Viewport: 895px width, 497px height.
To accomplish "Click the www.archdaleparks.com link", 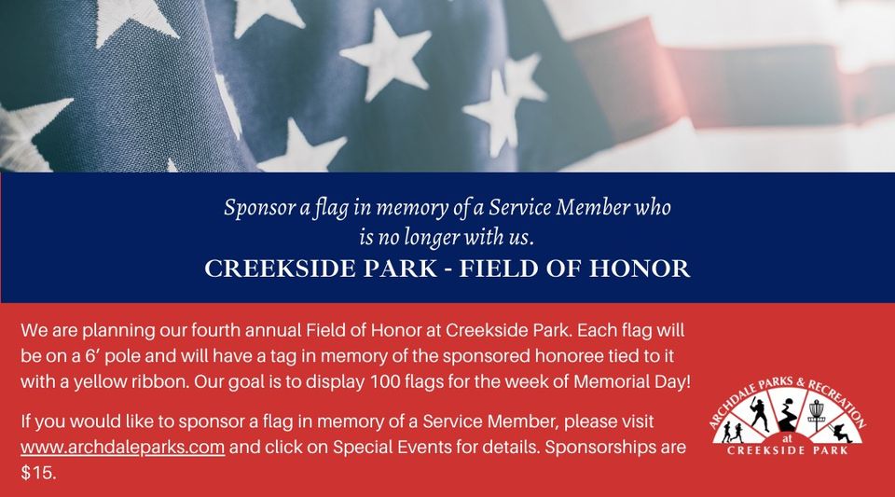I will point(122,448).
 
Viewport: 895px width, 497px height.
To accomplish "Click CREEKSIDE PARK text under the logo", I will point(791,452).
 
